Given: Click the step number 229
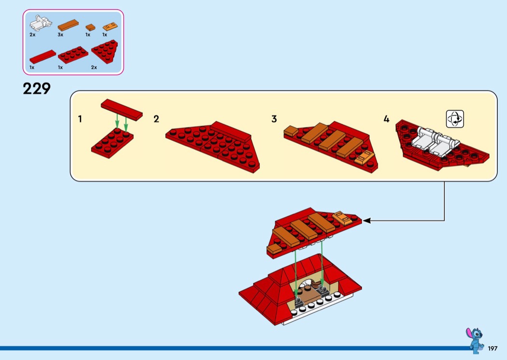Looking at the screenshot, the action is pyautogui.click(x=37, y=88).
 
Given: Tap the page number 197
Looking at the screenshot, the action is pyautogui.click(x=493, y=348).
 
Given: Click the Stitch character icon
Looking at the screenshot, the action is pyautogui.click(x=474, y=341).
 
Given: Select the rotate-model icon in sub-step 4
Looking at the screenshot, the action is pyautogui.click(x=455, y=119).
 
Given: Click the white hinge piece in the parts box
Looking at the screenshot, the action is pyautogui.click(x=41, y=23).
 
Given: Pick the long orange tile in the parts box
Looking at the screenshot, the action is pyautogui.click(x=68, y=25).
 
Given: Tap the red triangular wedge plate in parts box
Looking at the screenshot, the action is pyautogui.click(x=105, y=51).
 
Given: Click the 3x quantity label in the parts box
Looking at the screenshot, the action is pyautogui.click(x=60, y=35).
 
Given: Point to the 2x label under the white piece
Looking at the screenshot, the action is pyautogui.click(x=32, y=35).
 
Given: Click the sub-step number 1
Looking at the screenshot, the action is pyautogui.click(x=80, y=119).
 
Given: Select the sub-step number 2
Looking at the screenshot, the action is pyautogui.click(x=156, y=119).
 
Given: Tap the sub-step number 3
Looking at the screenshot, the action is pyautogui.click(x=274, y=119).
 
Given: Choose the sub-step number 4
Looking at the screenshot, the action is pyautogui.click(x=386, y=119).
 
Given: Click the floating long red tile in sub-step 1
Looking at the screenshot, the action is pyautogui.click(x=122, y=110).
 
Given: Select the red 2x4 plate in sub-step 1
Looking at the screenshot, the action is pyautogui.click(x=112, y=143).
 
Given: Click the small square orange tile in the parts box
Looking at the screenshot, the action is pyautogui.click(x=90, y=28).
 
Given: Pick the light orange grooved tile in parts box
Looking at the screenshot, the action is pyautogui.click(x=110, y=27).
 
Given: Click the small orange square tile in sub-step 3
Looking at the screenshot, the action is pyautogui.click(x=291, y=131).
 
